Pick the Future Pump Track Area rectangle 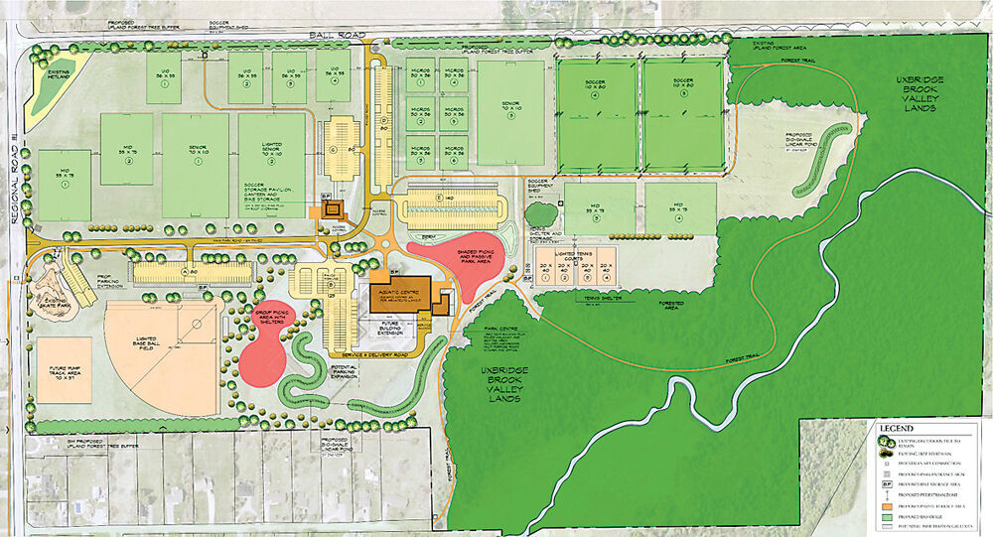(x=64, y=371)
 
